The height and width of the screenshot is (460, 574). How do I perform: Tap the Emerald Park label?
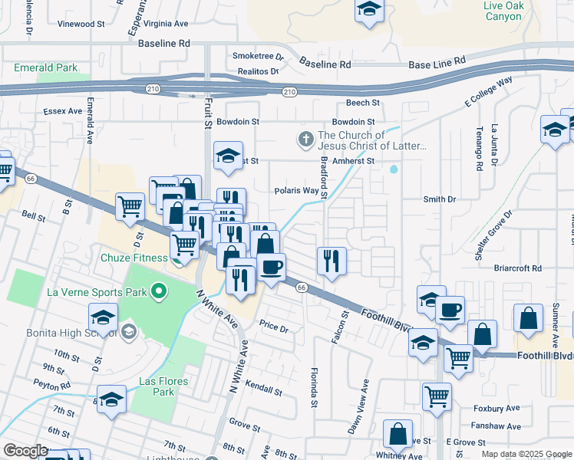[x=46, y=67]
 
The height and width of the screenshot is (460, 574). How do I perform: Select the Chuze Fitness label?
[x=134, y=258]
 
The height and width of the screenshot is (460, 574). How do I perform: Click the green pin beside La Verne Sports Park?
[x=159, y=291]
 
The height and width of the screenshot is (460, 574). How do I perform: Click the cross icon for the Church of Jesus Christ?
[x=305, y=140]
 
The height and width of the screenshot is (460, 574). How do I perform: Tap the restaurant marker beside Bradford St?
[x=332, y=261]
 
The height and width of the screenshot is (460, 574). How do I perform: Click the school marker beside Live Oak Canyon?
[x=369, y=11]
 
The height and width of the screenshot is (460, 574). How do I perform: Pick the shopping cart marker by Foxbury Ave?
[x=437, y=396]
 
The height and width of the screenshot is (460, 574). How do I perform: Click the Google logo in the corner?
[x=25, y=451]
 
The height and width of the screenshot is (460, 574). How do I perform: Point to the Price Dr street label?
[x=273, y=328]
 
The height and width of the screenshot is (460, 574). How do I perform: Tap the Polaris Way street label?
[x=296, y=191]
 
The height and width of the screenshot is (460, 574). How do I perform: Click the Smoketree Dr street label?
[x=258, y=57]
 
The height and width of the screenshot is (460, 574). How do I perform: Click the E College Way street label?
[x=488, y=92]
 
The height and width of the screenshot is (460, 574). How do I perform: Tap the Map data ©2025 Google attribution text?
[x=526, y=454]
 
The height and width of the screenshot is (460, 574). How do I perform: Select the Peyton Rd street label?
[x=51, y=386]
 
